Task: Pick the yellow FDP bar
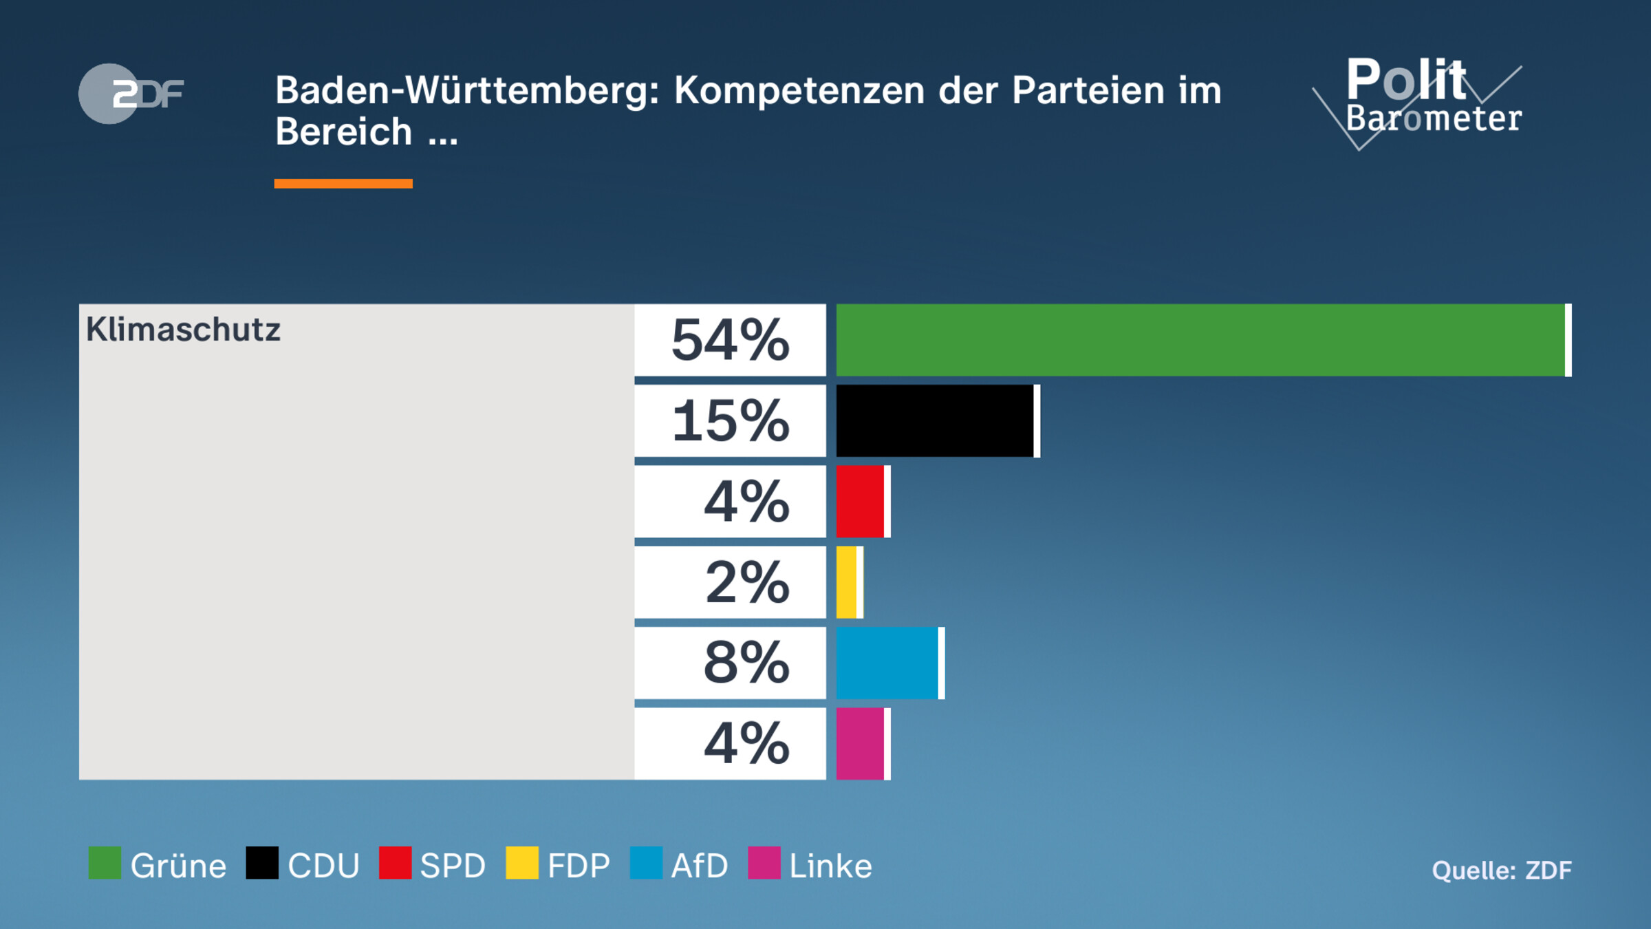tap(848, 582)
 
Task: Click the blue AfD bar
tap(888, 663)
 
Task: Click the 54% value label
tap(730, 340)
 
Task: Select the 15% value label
tap(730, 420)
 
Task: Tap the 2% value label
tap(746, 582)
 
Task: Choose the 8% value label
tap(746, 663)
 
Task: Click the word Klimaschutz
tap(183, 330)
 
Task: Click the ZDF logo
tap(131, 94)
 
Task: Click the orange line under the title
tap(343, 184)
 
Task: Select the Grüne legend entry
tap(158, 864)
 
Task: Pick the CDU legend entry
tap(303, 864)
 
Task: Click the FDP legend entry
tap(558, 864)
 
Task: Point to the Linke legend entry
tap(810, 864)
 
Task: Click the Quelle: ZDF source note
tap(1501, 871)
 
